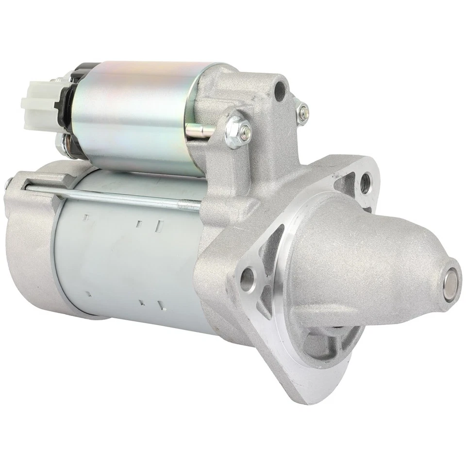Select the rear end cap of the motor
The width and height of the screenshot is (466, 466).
tap(32, 243)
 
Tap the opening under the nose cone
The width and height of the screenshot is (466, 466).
tap(335, 340)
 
